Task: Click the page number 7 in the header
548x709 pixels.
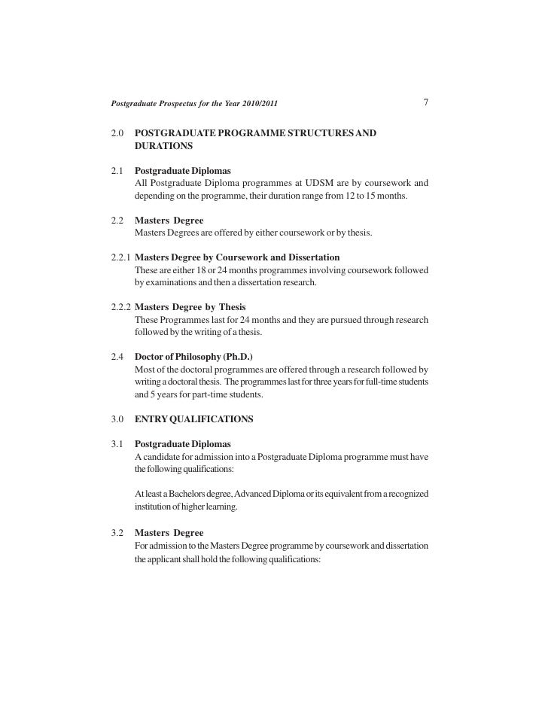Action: pos(426,102)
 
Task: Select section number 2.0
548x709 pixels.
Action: pos(117,133)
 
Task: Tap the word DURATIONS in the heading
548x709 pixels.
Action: pos(164,145)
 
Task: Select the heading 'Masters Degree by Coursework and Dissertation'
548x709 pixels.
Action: pos(237,257)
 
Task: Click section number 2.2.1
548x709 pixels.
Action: pos(120,257)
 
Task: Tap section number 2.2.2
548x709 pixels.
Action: pos(120,307)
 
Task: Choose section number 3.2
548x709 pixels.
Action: pos(117,532)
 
